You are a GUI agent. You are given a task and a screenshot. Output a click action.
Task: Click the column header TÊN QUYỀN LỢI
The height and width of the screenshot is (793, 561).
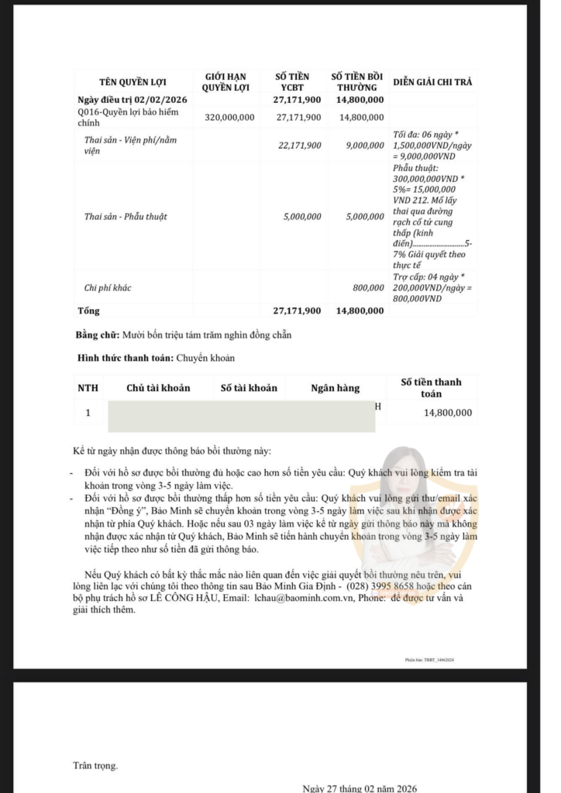point(133,82)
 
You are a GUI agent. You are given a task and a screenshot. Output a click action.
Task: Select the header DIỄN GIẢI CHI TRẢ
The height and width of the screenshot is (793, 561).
point(432,82)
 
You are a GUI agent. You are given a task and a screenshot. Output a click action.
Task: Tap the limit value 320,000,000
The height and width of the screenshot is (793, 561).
point(229,117)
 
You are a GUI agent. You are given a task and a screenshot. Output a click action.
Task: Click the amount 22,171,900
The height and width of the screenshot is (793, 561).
point(299,145)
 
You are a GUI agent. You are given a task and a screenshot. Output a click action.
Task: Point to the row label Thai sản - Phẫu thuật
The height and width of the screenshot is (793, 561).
point(125,217)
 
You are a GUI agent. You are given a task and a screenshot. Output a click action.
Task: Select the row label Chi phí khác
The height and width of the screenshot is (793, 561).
point(108,288)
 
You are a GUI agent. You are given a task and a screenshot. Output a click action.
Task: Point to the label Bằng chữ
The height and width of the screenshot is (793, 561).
point(98,335)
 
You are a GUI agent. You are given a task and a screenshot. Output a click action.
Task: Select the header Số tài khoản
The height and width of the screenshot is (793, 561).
point(249,388)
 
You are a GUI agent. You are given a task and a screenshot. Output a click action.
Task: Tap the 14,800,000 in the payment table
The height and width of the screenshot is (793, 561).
point(447,413)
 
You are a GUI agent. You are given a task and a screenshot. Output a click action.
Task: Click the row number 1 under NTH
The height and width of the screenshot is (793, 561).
point(88,413)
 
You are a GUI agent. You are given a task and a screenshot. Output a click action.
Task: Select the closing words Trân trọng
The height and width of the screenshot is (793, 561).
point(96,766)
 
